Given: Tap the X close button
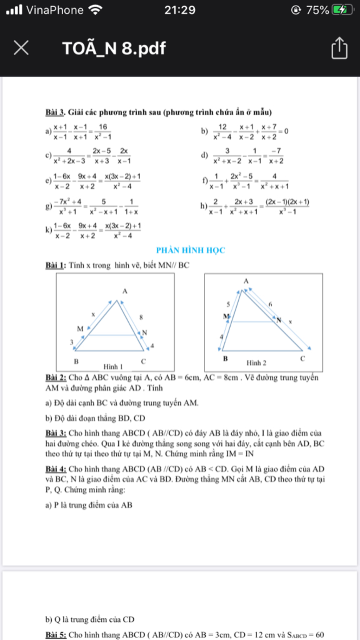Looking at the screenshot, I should (x=21, y=47).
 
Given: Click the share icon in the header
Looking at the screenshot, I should (x=339, y=48).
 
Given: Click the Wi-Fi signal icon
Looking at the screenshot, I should (x=95, y=10).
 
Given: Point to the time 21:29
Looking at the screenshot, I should (x=180, y=10).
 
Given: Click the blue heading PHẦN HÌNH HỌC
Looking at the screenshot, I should (x=191, y=250).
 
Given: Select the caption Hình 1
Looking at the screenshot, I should (x=113, y=367).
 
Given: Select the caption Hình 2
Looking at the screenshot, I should (x=256, y=363).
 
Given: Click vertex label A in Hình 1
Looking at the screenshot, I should (x=125, y=291).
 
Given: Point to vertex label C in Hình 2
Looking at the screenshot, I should (x=303, y=359).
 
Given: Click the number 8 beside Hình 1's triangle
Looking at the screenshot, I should (x=141, y=317).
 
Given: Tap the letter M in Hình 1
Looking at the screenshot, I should (x=80, y=329).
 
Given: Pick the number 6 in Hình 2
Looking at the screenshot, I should (x=270, y=304).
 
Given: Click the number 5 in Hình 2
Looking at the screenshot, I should (x=228, y=304).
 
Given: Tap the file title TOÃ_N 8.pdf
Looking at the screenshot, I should (x=114, y=48).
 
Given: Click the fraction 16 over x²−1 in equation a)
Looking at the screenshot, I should (x=103, y=132).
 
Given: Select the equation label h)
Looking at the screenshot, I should (x=204, y=206).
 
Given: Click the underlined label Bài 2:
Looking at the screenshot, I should (x=56, y=378).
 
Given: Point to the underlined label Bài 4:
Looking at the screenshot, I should (x=56, y=469).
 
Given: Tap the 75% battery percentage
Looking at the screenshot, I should (x=317, y=10).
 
